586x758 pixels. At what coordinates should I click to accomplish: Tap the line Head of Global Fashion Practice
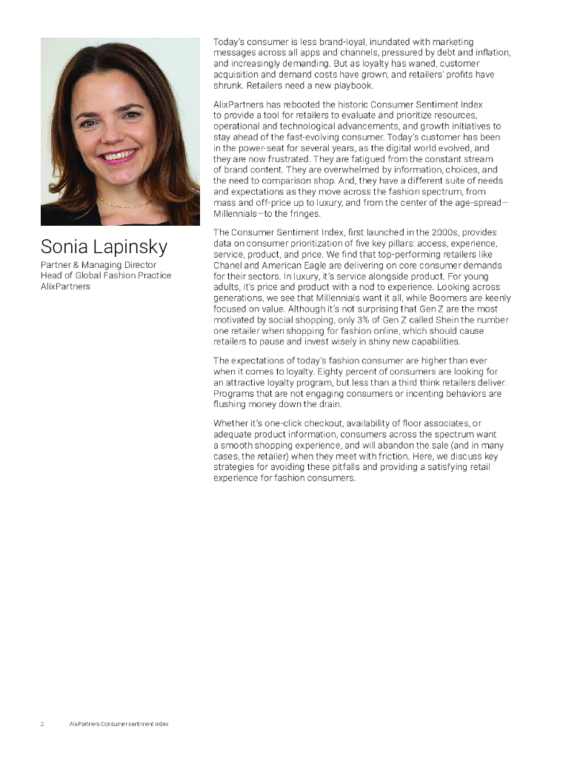[106, 275]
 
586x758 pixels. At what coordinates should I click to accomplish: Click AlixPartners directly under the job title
[65, 286]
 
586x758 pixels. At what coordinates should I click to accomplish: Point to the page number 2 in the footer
[42, 723]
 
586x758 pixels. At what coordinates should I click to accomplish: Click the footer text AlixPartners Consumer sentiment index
[118, 723]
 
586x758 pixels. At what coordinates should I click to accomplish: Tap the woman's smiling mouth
[119, 155]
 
